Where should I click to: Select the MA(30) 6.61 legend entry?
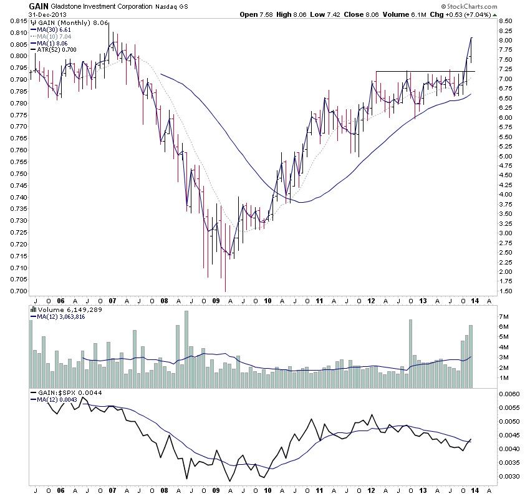[55, 29]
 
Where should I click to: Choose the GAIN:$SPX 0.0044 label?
[65, 393]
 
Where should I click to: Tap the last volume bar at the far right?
[471, 356]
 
